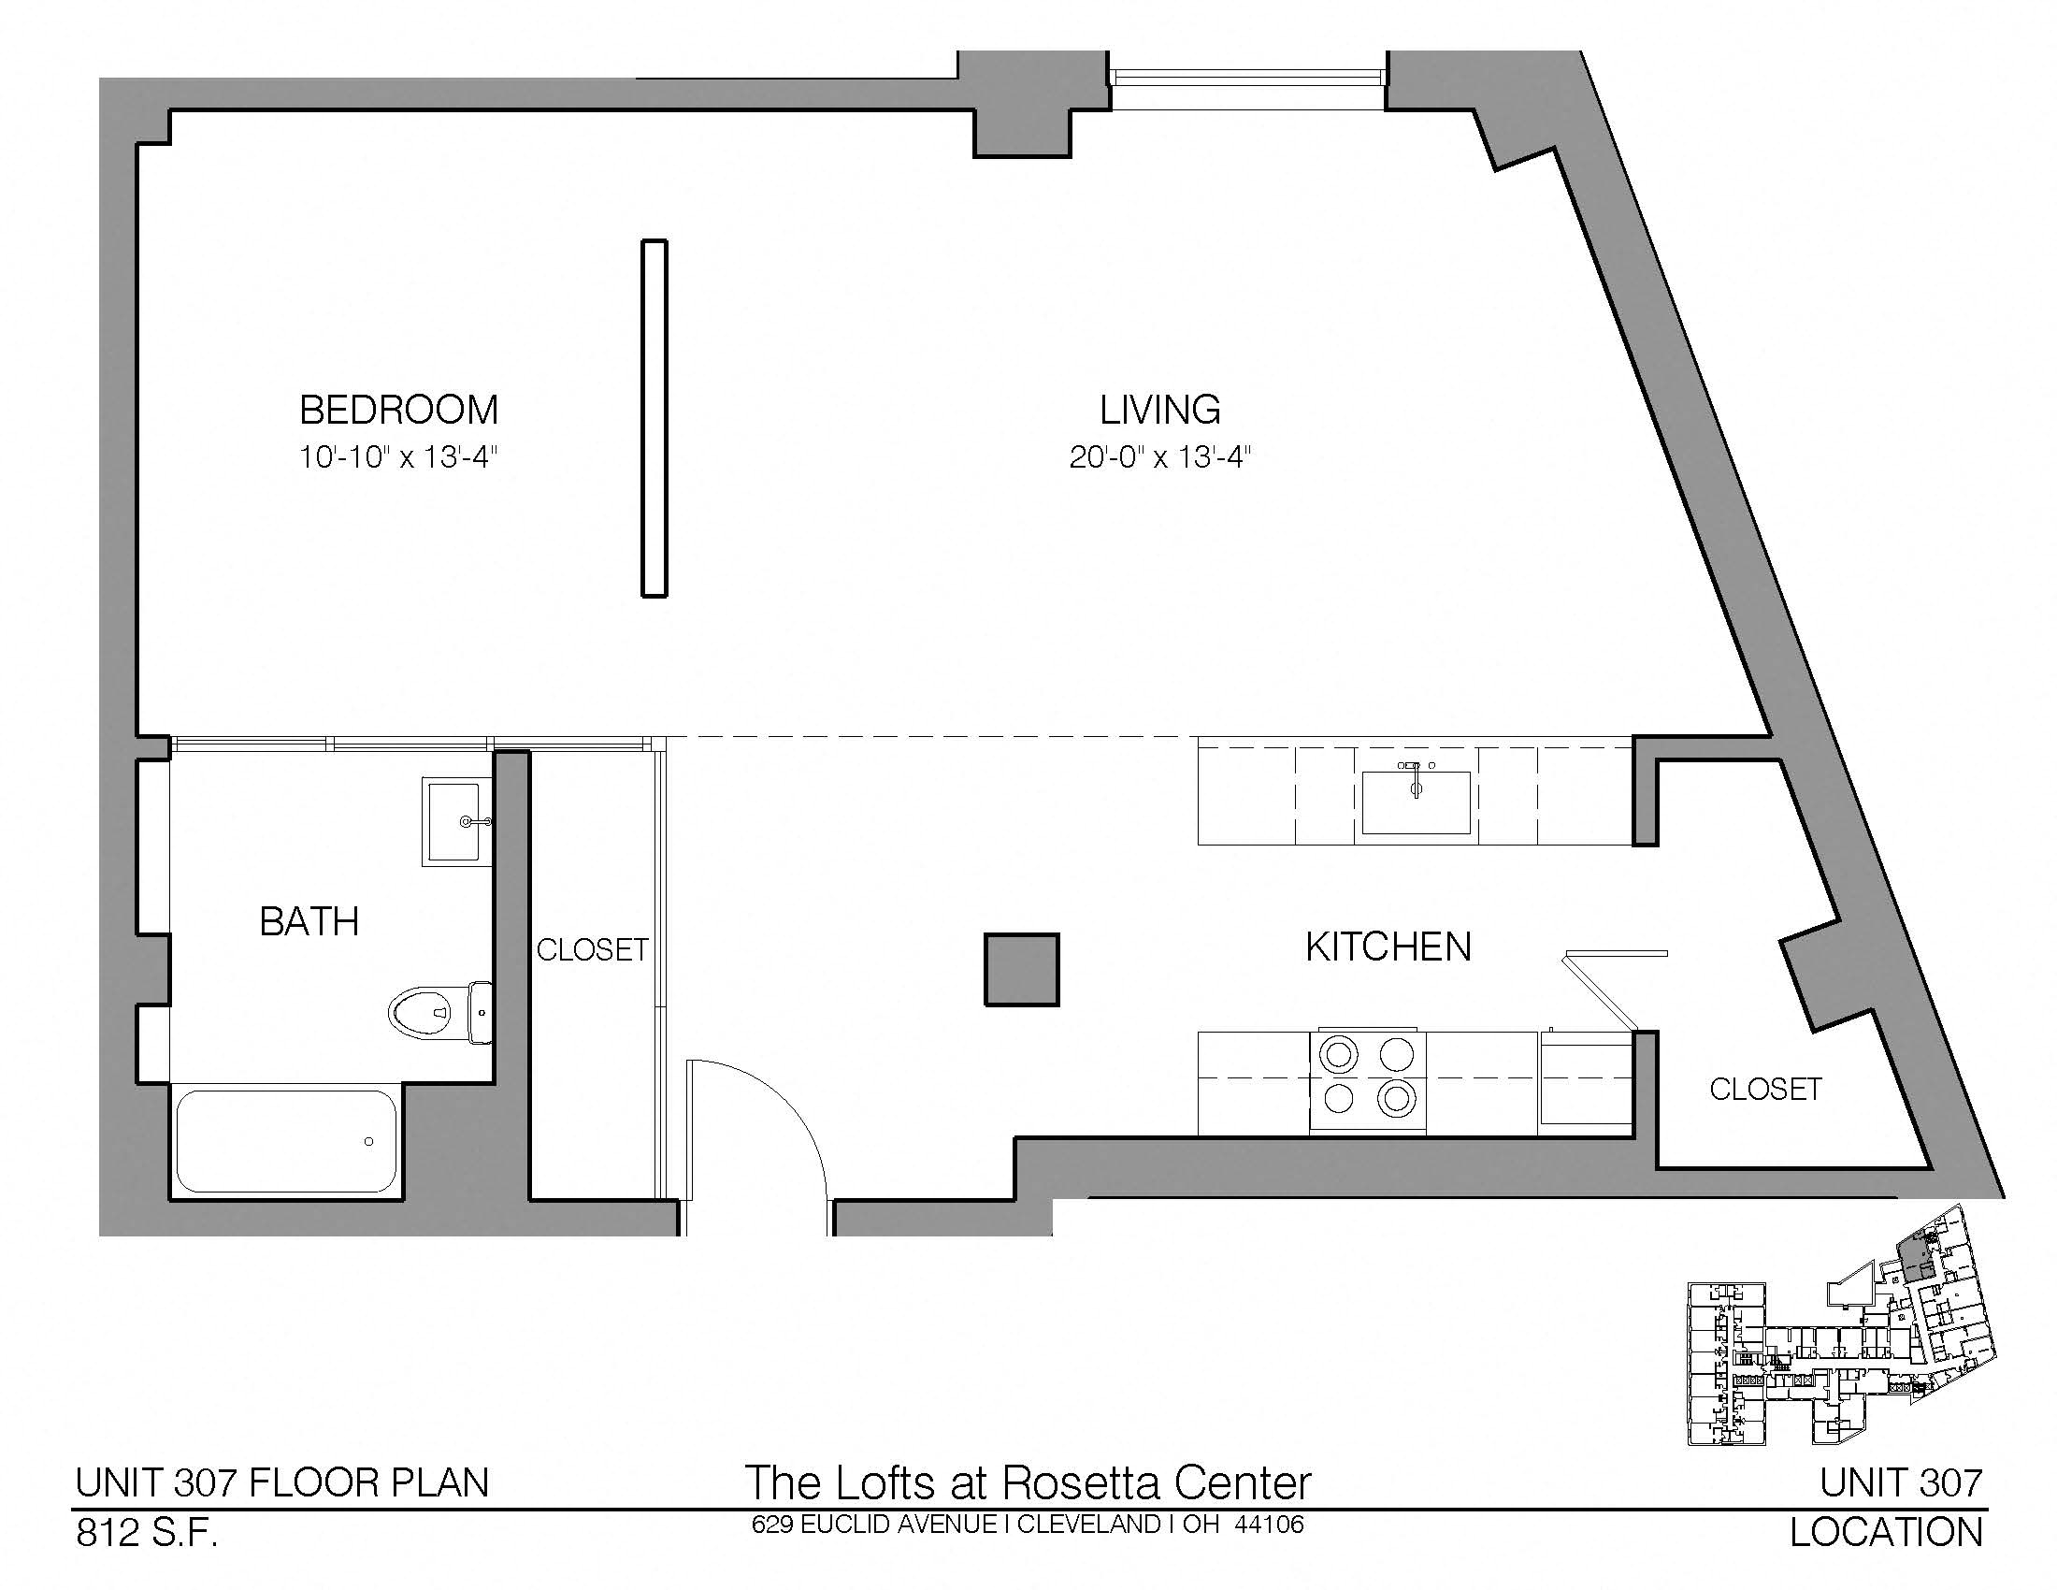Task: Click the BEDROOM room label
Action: click(x=398, y=410)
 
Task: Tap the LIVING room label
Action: click(x=1160, y=410)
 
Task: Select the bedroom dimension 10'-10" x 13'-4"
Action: click(x=398, y=457)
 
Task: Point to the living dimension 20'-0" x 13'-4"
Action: click(x=1160, y=457)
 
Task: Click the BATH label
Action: click(x=309, y=921)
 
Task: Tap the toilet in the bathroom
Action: click(x=440, y=1013)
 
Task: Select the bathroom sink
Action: click(x=457, y=821)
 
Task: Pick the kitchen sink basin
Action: click(x=1416, y=802)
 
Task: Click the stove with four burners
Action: click(x=1368, y=1081)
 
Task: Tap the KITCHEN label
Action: click(x=1388, y=947)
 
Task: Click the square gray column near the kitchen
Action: click(x=1022, y=969)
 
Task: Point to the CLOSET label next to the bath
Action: click(x=593, y=949)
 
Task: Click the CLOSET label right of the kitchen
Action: click(x=1765, y=1089)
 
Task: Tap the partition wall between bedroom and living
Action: click(x=654, y=418)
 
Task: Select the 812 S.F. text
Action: click(x=147, y=1534)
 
